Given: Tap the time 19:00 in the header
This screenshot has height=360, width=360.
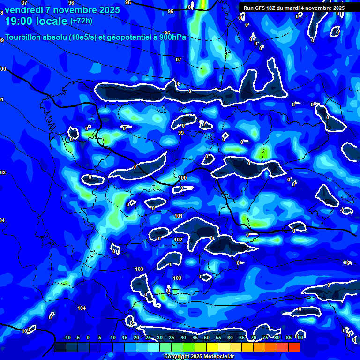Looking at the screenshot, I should [20, 21].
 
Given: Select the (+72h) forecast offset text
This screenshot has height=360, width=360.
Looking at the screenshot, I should [82, 21].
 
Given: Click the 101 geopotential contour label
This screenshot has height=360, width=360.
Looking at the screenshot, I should [178, 216].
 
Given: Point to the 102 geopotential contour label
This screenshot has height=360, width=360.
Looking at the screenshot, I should [178, 240].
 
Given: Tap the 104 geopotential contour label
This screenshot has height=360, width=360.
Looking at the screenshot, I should [82, 308].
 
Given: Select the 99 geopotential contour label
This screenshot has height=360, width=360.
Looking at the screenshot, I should [181, 133].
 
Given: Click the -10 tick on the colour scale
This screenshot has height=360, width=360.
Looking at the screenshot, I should [67, 337].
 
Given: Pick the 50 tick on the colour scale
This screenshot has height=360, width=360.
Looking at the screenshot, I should [207, 337].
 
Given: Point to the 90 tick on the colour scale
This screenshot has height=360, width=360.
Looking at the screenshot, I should [300, 337].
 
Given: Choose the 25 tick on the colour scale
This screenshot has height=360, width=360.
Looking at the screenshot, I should [148, 337].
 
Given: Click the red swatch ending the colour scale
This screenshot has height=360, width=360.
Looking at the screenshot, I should [294, 347].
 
